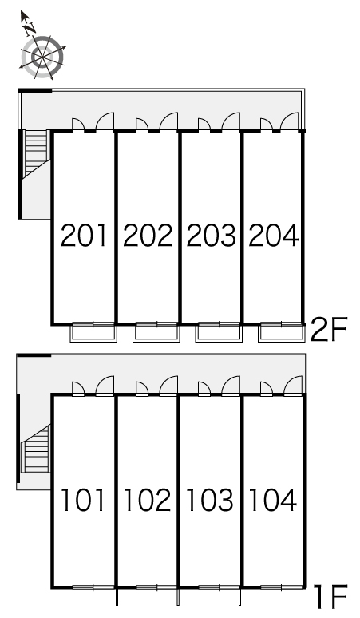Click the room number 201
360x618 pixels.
[x=84, y=236]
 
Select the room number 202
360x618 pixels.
[x=148, y=236]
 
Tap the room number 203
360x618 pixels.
[x=211, y=236]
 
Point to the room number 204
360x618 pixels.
[x=274, y=236]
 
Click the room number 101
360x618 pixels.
[x=83, y=500]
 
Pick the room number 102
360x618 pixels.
[x=148, y=500]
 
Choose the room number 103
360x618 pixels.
[x=210, y=500]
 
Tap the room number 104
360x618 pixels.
[x=273, y=500]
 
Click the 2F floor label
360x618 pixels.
[x=329, y=330]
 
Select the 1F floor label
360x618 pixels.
[x=330, y=596]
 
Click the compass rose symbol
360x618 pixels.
[x=42, y=57]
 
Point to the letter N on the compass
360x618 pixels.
[x=30, y=28]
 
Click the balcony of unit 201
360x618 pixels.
[x=93, y=332]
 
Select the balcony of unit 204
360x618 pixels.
[x=282, y=332]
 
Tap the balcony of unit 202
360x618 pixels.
[x=156, y=332]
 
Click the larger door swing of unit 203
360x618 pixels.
[x=231, y=122]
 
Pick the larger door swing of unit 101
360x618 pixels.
[x=105, y=386]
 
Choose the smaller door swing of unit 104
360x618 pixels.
[x=267, y=388]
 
